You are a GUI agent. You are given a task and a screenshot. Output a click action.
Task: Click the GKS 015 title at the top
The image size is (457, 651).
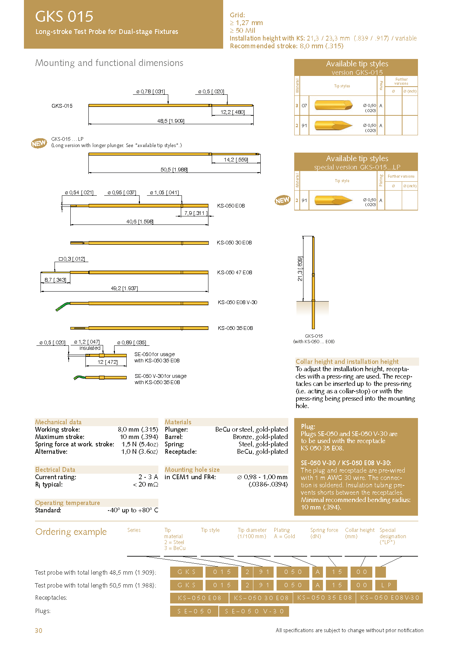click(64, 17)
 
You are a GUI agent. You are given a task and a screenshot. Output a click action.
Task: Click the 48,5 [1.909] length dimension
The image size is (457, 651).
click(171, 121)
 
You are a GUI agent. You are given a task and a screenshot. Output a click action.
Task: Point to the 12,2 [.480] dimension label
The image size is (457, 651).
click(232, 112)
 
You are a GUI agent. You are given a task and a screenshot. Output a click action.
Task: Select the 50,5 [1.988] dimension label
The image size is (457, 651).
click(174, 170)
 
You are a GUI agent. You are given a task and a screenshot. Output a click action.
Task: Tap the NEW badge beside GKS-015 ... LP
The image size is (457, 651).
click(39, 143)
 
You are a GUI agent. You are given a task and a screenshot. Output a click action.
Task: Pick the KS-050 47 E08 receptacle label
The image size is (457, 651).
click(234, 272)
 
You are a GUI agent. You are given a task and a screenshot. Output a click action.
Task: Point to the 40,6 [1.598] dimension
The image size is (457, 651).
click(140, 222)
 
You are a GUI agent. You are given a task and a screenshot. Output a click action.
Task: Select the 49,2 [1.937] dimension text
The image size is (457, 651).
click(124, 288)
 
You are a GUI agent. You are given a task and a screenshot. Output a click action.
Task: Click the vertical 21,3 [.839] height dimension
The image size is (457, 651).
click(300, 269)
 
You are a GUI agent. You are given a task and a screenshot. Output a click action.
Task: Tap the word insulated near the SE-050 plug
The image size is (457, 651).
click(90, 348)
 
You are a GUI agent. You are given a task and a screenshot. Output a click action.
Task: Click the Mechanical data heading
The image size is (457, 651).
click(58, 422)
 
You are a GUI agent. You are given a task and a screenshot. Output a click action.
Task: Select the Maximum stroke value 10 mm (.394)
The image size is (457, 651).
click(139, 437)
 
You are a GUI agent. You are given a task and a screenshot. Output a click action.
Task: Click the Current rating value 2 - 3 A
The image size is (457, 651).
click(148, 477)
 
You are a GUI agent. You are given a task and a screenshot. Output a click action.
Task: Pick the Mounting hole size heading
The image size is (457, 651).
click(192, 470)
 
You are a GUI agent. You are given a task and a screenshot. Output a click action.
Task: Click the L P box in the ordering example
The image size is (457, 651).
click(386, 585)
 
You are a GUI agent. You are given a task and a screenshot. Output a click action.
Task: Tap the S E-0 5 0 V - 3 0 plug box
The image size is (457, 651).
click(254, 611)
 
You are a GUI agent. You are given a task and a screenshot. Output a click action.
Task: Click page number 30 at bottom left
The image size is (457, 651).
click(39, 631)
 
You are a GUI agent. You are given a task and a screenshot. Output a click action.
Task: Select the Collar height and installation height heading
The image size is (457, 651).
click(347, 362)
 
